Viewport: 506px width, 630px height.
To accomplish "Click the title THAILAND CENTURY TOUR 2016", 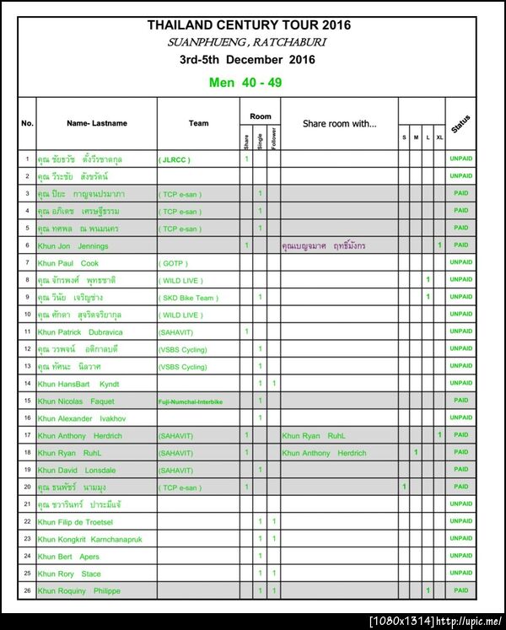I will pos(249,24).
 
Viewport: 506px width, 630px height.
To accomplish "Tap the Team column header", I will pos(198,123).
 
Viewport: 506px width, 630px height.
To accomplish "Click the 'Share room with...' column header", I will pos(339,123).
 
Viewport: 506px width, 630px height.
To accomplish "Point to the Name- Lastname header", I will pos(97,123).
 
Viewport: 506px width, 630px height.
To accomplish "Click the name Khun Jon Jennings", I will pos(73,245).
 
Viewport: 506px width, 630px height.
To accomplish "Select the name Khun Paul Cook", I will pos(68,263).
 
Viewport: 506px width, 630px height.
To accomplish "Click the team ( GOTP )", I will pos(173,263).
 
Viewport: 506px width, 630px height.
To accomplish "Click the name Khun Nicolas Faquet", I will pos(76,401).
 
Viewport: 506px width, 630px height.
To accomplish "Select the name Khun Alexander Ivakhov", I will pos(80,418).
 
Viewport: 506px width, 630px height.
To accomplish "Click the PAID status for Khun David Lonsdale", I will pos(460,470).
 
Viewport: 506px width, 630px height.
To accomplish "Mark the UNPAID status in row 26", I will pos(460,590).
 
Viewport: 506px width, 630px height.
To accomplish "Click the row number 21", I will pos(27,504).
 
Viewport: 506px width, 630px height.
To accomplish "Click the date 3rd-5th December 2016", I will pos(247,60).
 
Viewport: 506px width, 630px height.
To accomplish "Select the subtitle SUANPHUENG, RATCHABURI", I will pos(247,42).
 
